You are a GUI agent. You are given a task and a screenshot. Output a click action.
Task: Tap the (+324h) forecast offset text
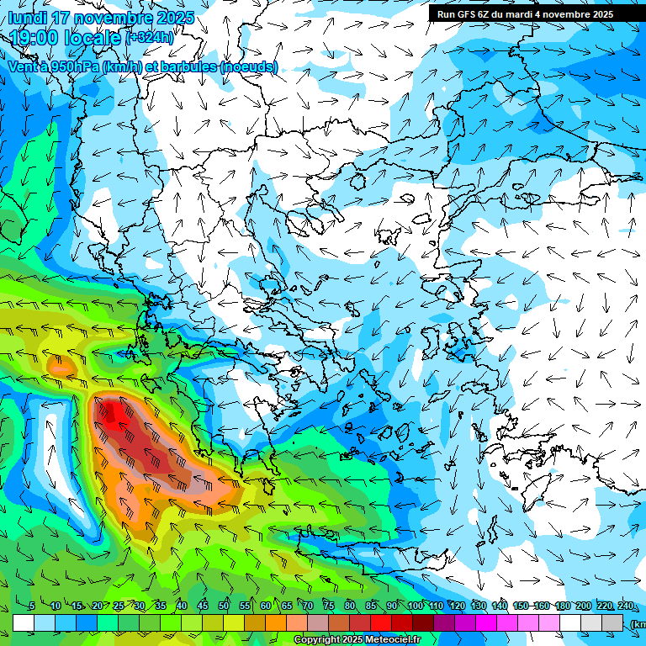tap(150, 37)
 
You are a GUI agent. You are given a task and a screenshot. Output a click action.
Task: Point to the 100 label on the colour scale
tap(416, 606)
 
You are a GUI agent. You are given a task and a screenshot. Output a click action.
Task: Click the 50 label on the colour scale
tap(224, 606)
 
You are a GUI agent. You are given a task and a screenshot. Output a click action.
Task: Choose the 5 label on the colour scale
tap(32, 606)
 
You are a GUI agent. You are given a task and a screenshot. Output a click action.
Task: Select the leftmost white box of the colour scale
tap(24, 623)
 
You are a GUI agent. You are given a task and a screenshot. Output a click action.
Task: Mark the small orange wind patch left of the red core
tap(59, 366)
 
